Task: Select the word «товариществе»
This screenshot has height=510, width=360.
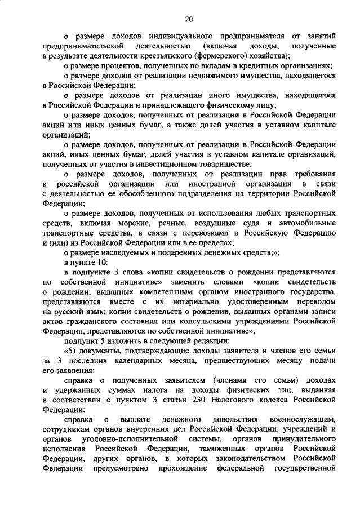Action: [x=225, y=164]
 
